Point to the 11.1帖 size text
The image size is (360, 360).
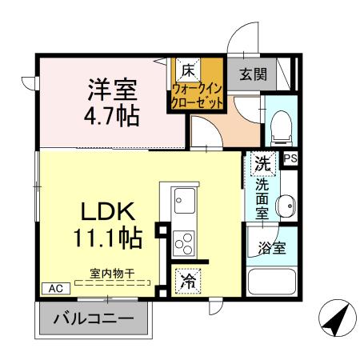pos(110,238)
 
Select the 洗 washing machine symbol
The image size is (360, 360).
pos(262,163)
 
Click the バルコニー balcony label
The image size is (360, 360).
pos(94,319)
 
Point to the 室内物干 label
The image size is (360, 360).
pos(111,274)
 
